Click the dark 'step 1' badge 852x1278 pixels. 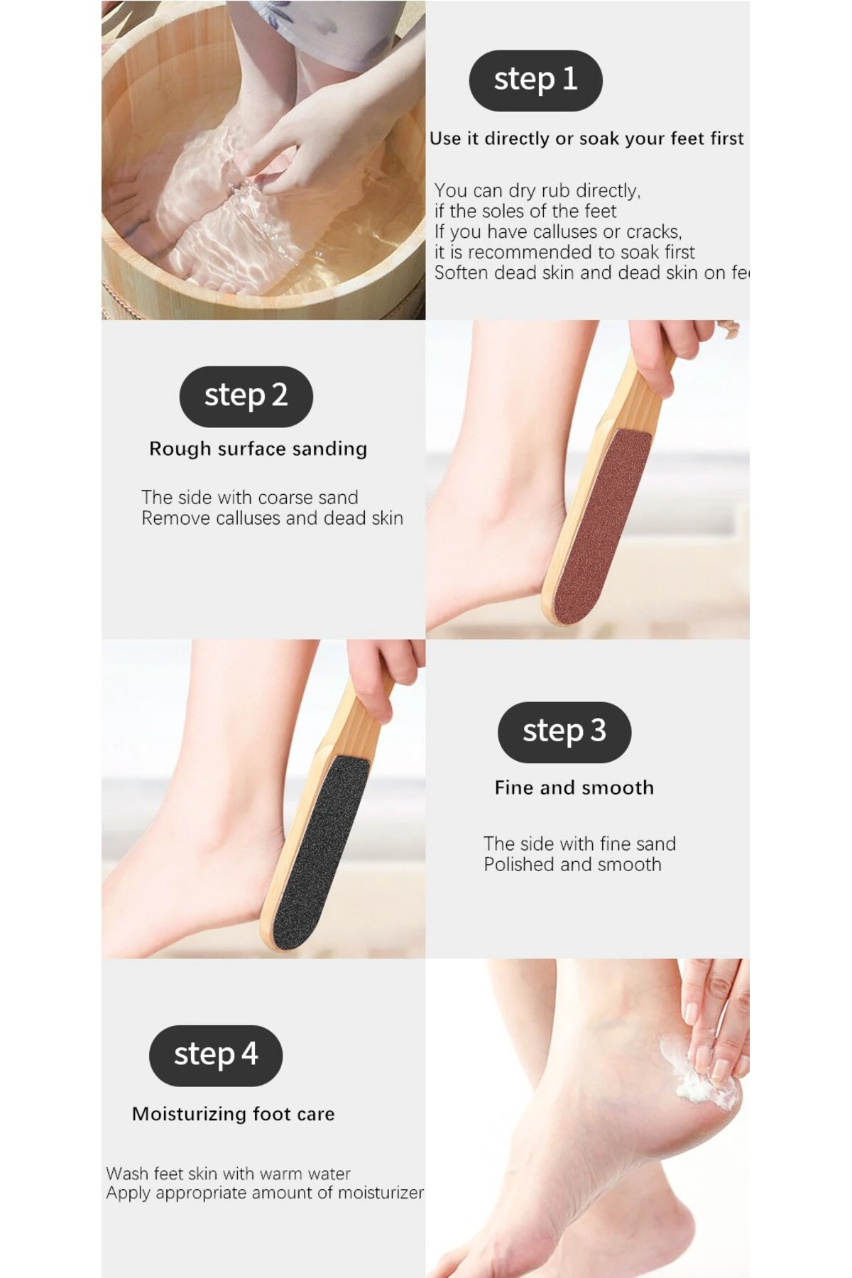tap(535, 80)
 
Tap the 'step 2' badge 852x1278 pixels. tap(246, 396)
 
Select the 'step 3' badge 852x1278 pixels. tap(564, 732)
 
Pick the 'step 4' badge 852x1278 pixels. tap(216, 1055)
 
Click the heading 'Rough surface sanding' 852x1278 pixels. tap(258, 449)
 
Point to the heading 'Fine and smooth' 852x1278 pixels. tap(574, 787)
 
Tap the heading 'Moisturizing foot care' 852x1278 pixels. tap(234, 1114)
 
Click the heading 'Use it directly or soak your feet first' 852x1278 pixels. tap(587, 138)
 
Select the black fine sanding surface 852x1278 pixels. tap(317, 848)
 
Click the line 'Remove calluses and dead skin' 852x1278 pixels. tap(273, 518)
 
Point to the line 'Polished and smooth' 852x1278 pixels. tap(573, 865)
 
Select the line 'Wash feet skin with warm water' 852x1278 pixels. tap(229, 1174)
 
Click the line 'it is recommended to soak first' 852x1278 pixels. tap(565, 252)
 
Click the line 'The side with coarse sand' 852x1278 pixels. tap(250, 498)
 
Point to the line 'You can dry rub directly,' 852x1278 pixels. tap(537, 191)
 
